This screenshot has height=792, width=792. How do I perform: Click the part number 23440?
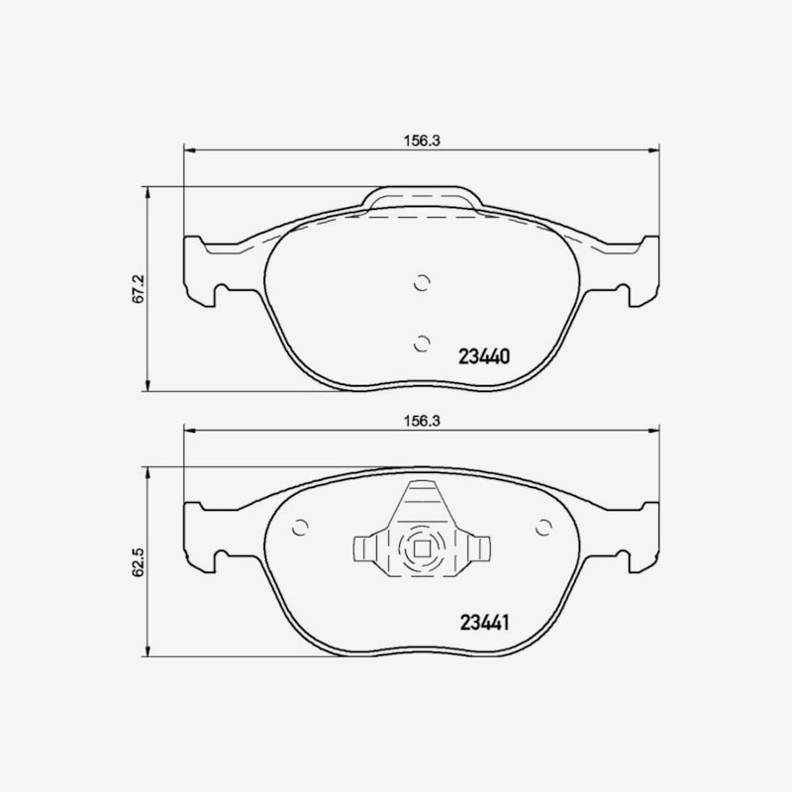tap(484, 356)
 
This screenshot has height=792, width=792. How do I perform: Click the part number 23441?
tap(484, 623)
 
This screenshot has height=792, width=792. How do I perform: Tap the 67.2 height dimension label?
tap(139, 288)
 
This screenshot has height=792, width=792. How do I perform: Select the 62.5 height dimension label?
tap(139, 562)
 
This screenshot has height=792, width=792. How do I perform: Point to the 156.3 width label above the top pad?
tap(422, 141)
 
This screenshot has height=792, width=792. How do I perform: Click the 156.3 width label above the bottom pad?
tap(422, 421)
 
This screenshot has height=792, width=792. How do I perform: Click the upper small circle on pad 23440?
tap(422, 283)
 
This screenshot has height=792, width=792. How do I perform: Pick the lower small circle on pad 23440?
tap(422, 344)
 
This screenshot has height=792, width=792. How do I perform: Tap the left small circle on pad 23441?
tap(300, 528)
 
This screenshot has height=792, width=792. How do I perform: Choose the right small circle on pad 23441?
tap(544, 528)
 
